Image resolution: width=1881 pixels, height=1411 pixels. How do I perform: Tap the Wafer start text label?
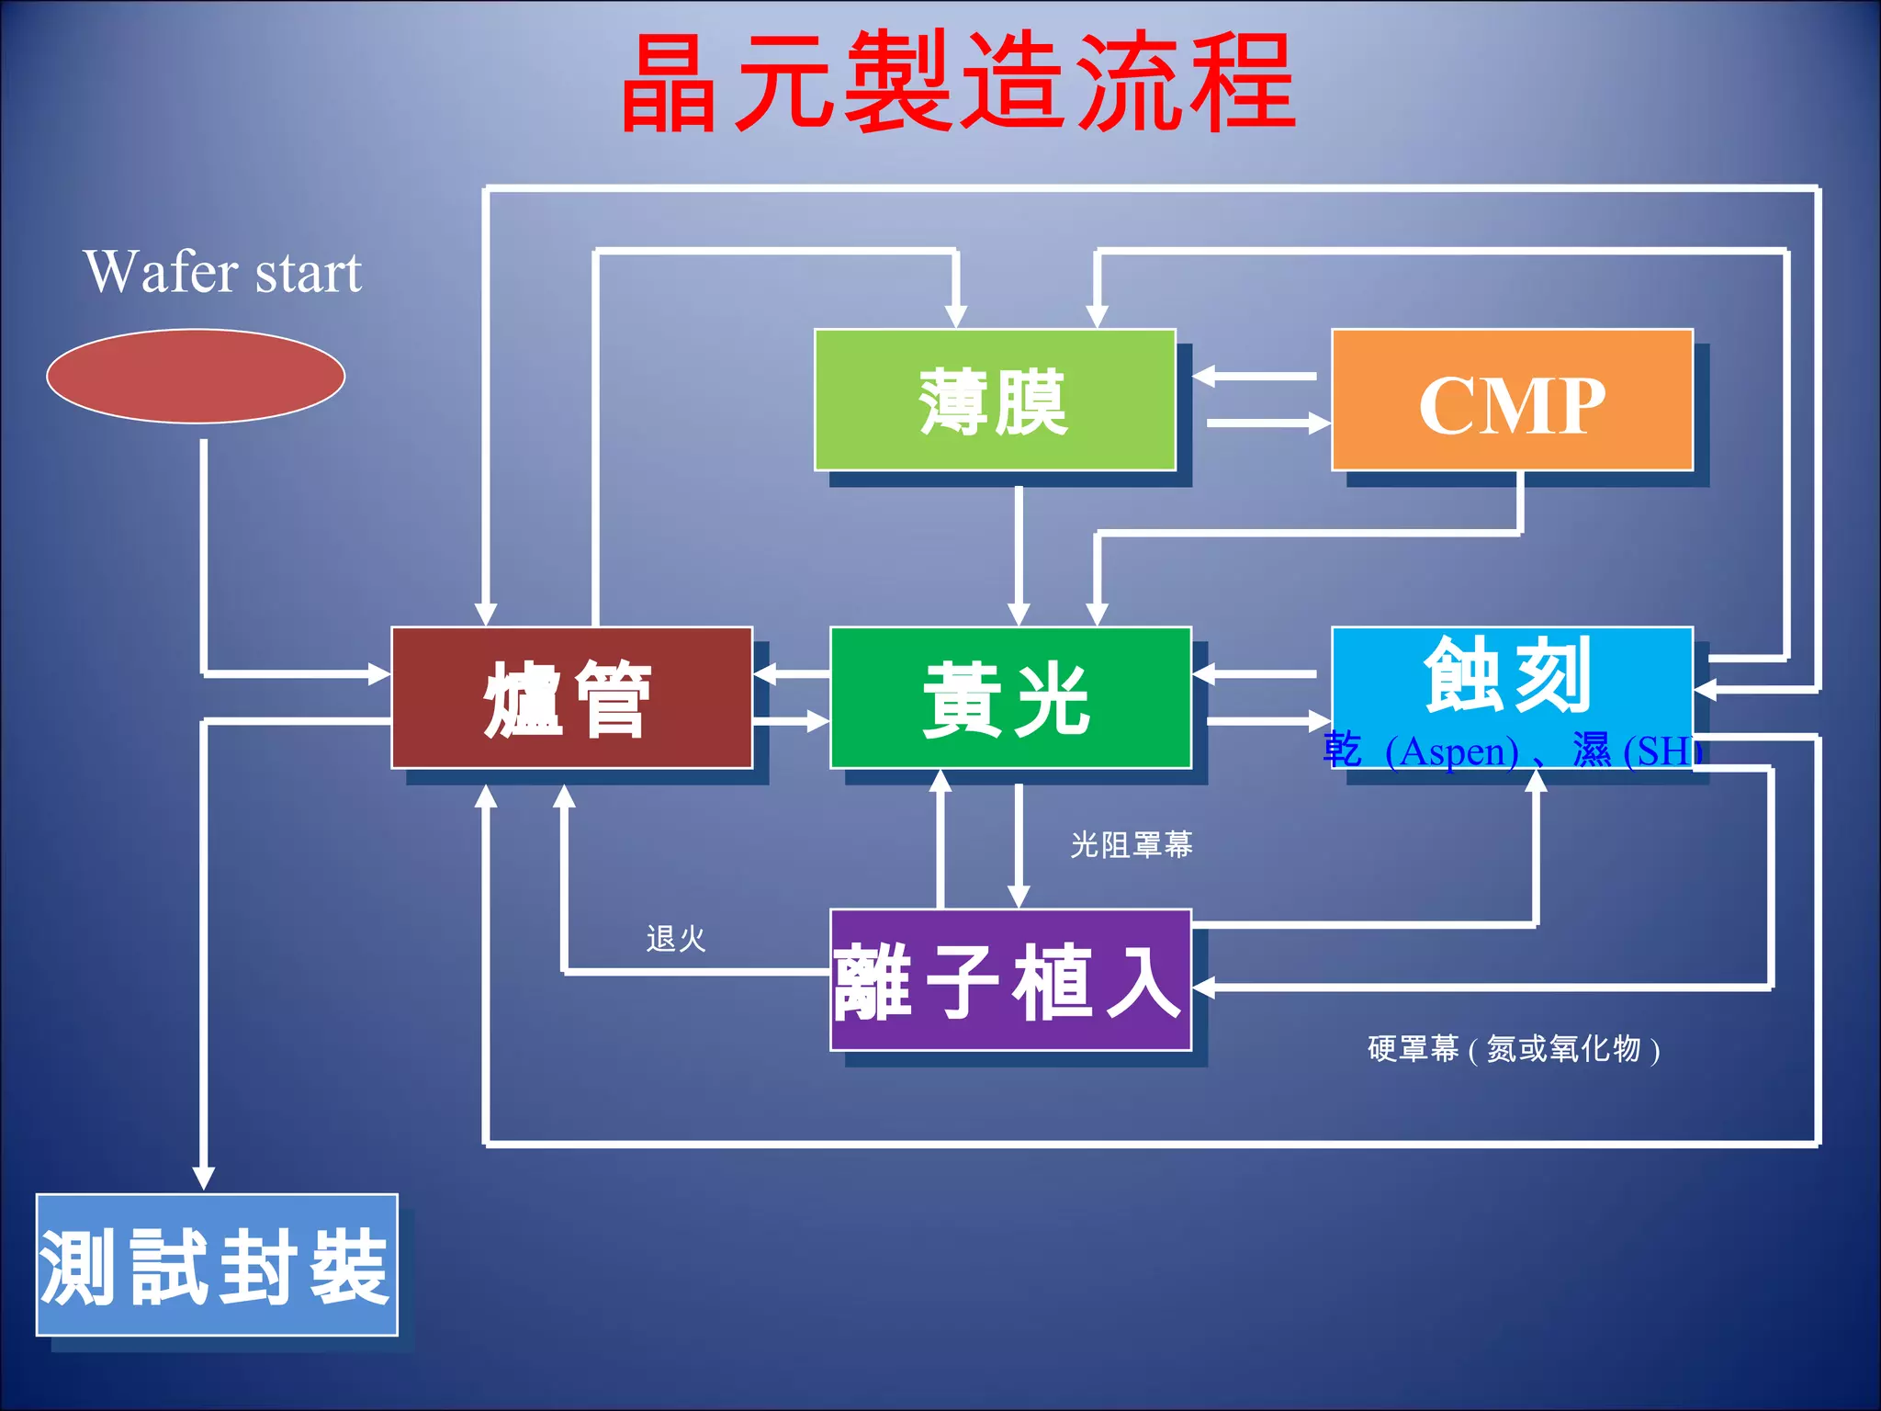pos(222,272)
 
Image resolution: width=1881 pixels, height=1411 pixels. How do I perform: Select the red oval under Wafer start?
pos(196,376)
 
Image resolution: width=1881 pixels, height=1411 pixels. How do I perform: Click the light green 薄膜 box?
pos(995,400)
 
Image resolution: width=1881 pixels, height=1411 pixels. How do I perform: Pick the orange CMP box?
pos(1512,401)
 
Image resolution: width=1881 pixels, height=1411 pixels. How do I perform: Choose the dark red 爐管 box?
pos(571,698)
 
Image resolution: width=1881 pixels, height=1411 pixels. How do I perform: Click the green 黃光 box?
pos(1010,698)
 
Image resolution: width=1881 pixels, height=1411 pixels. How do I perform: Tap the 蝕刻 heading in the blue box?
pos(1508,675)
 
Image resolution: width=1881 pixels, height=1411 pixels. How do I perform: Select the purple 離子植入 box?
pos(1010,980)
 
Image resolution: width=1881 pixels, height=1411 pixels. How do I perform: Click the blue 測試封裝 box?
pos(217,1265)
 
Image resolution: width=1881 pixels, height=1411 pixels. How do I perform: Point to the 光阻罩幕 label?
pos(1132,845)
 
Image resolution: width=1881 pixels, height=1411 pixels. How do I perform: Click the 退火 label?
pos(676,939)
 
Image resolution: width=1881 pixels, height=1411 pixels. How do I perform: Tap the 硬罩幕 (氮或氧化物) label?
pos(1514,1049)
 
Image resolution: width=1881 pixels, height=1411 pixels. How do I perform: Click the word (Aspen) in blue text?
pos(1451,752)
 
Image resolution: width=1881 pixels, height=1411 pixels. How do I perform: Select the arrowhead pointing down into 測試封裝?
pos(204,1178)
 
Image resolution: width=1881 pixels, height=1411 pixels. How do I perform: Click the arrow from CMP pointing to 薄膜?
pos(1255,376)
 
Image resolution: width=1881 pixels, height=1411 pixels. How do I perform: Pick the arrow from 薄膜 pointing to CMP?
pos(1267,423)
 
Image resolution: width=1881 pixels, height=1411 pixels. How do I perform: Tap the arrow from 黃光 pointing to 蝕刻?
pos(1267,721)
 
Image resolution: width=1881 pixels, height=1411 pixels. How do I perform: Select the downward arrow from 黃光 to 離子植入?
pos(1018,845)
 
